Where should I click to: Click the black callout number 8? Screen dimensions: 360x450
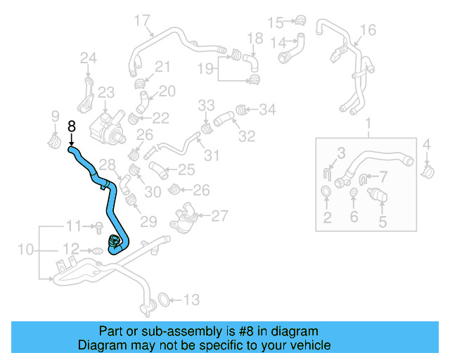click(x=71, y=127)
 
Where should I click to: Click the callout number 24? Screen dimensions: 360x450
click(x=88, y=58)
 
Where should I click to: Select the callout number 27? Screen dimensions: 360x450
click(x=219, y=215)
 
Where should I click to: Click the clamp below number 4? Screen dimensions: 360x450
click(x=427, y=169)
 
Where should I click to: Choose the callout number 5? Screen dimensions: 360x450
click(x=382, y=223)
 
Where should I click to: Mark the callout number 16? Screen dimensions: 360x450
click(x=368, y=30)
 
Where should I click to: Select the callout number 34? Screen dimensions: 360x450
click(x=268, y=109)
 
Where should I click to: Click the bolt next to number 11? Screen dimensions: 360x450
click(x=99, y=226)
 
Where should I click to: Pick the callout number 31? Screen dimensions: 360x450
click(x=212, y=155)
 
